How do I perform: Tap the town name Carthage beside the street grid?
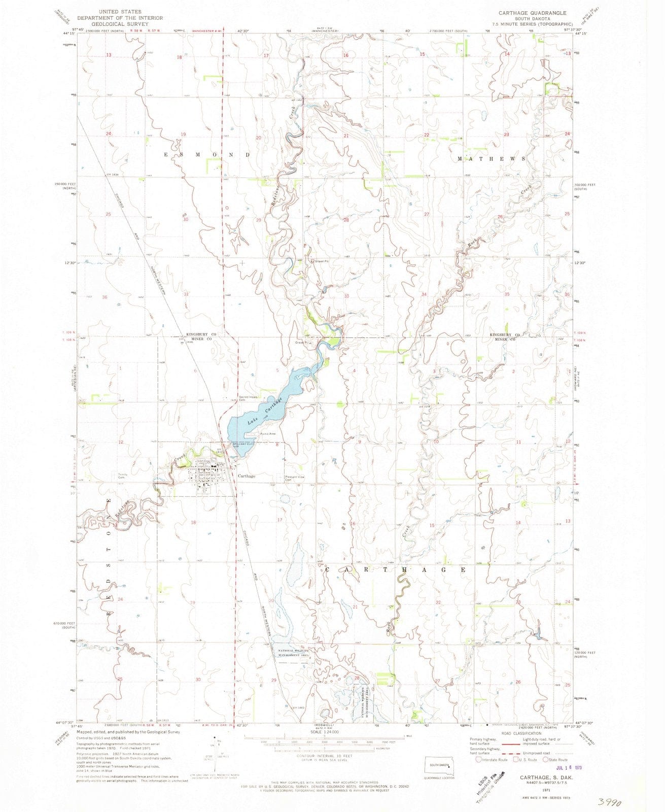(246, 476)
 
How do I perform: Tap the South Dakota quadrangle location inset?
(440, 765)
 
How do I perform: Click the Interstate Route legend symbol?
(479, 760)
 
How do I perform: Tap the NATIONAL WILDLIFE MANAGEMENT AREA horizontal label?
(300, 653)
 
